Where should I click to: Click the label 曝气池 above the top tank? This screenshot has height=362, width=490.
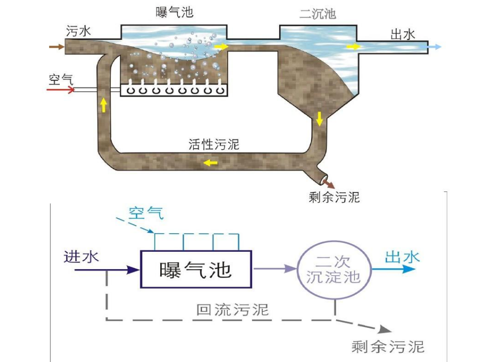click(174, 12)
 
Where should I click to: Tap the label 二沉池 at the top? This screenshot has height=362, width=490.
click(318, 13)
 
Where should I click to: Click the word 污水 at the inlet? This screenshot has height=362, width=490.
click(79, 32)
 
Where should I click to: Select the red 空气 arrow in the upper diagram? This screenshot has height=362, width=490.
click(61, 90)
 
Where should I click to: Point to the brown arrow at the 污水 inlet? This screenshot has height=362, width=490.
click(57, 47)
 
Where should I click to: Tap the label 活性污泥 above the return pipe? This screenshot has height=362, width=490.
click(214, 144)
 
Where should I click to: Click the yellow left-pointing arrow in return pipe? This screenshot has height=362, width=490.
click(210, 163)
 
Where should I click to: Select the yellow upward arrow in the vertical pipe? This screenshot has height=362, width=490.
click(103, 105)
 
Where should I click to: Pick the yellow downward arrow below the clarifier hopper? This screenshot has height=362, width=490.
click(319, 119)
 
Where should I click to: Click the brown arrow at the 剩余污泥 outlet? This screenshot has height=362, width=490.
click(330, 183)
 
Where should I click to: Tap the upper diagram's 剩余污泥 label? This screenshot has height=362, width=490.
click(334, 197)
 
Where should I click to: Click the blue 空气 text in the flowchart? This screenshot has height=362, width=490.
click(146, 213)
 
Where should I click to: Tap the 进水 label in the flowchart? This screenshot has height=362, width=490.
click(81, 256)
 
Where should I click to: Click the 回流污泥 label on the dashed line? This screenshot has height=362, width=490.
click(232, 310)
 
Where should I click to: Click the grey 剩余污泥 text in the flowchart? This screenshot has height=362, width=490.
click(388, 346)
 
